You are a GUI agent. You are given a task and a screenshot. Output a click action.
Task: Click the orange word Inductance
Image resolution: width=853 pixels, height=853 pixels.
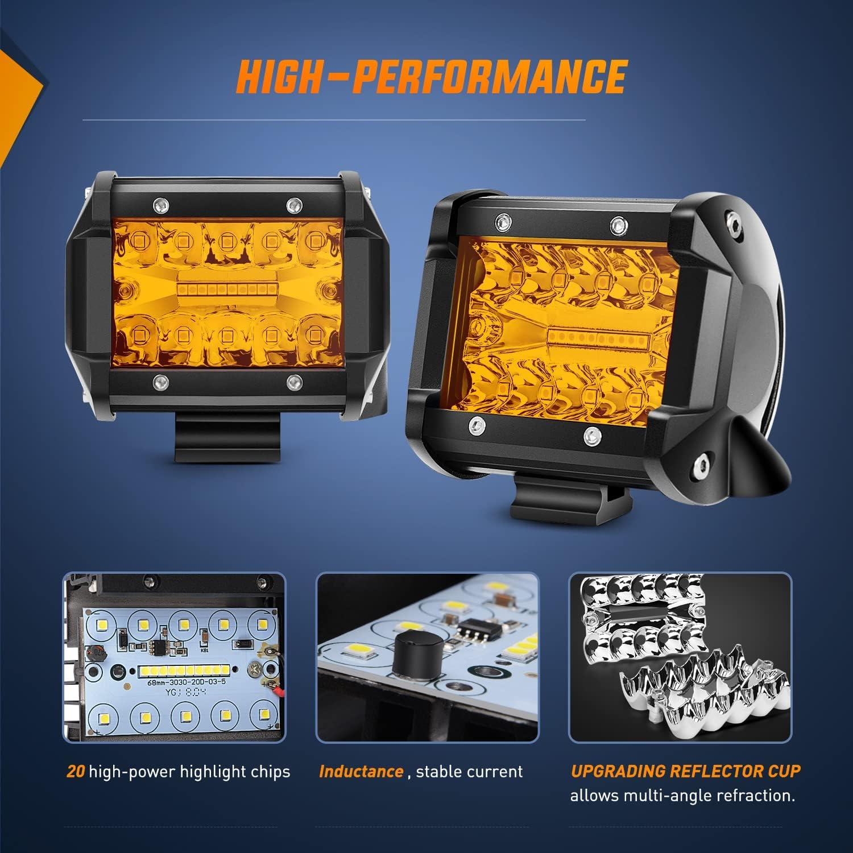pyautogui.click(x=361, y=772)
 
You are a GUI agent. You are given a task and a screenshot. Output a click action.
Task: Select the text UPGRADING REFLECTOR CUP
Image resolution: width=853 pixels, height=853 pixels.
pyautogui.click(x=685, y=771)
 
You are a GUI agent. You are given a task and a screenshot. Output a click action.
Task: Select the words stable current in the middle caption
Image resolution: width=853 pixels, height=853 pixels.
pyautogui.click(x=469, y=772)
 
